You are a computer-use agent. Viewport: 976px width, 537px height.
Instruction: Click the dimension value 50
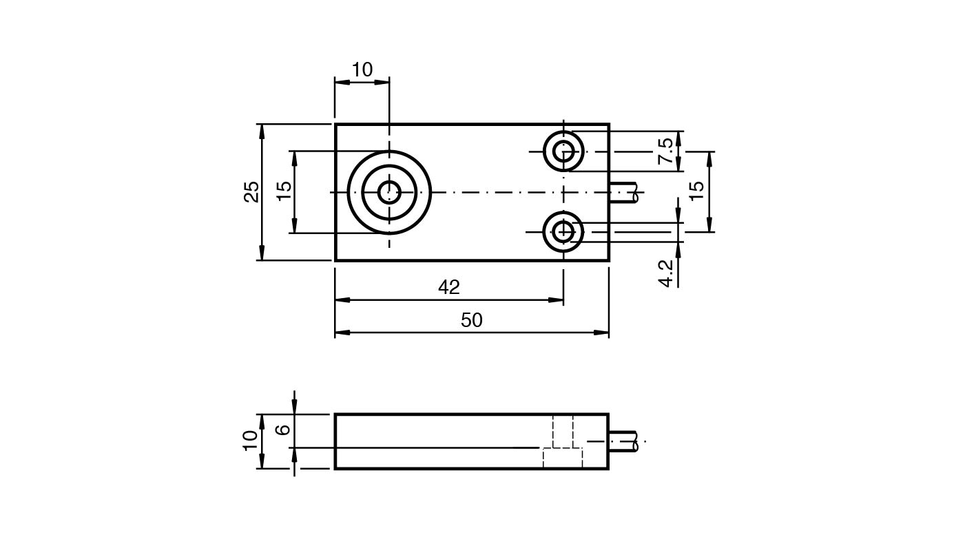472,320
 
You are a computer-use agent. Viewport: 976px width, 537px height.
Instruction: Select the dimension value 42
449,287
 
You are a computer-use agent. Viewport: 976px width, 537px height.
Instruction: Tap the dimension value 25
252,191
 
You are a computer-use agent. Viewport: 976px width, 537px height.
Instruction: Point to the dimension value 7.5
665,151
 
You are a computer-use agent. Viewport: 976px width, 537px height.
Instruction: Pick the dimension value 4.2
665,273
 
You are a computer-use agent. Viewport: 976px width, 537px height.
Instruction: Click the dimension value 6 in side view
283,430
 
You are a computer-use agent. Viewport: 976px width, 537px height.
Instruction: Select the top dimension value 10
362,70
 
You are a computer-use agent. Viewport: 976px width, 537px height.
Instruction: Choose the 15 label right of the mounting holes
697,191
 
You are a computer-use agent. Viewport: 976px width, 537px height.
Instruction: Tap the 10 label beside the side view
251,441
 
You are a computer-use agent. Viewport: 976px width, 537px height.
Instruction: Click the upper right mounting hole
563,151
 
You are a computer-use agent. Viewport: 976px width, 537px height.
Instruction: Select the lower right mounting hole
563,232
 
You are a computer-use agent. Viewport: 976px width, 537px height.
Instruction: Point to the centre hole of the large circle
389,192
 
